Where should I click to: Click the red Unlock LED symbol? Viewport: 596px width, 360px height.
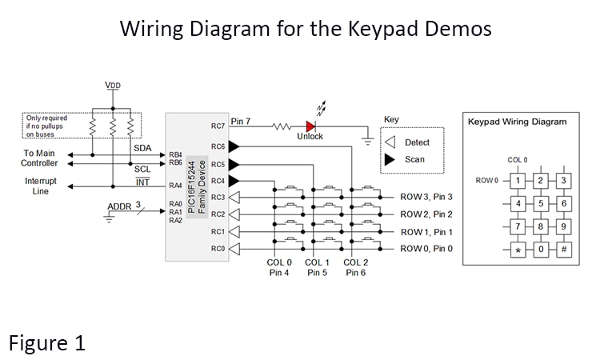310,126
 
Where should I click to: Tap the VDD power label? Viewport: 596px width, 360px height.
113,85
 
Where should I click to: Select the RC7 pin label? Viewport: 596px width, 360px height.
218,126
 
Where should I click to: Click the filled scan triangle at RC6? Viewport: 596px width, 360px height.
234,146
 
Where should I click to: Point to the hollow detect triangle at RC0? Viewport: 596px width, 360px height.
234,249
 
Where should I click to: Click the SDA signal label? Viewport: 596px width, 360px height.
142,148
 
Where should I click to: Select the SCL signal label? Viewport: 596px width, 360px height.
142,170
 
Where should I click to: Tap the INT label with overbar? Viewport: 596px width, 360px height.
142,183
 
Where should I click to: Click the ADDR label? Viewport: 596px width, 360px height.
119,207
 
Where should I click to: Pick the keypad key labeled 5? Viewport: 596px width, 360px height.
541,203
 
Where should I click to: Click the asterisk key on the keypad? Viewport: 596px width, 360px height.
518,249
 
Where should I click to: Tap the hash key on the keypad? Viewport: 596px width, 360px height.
563,249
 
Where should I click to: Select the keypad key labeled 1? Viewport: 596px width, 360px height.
518,181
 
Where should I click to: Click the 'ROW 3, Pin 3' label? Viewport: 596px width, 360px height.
426,197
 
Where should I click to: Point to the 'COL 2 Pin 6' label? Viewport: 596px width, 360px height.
355,267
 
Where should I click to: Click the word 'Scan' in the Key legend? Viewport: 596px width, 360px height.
415,159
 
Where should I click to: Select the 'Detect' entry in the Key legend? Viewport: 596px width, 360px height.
417,142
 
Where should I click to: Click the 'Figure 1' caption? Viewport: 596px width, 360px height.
46,343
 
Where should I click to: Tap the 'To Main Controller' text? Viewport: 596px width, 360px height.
40,158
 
